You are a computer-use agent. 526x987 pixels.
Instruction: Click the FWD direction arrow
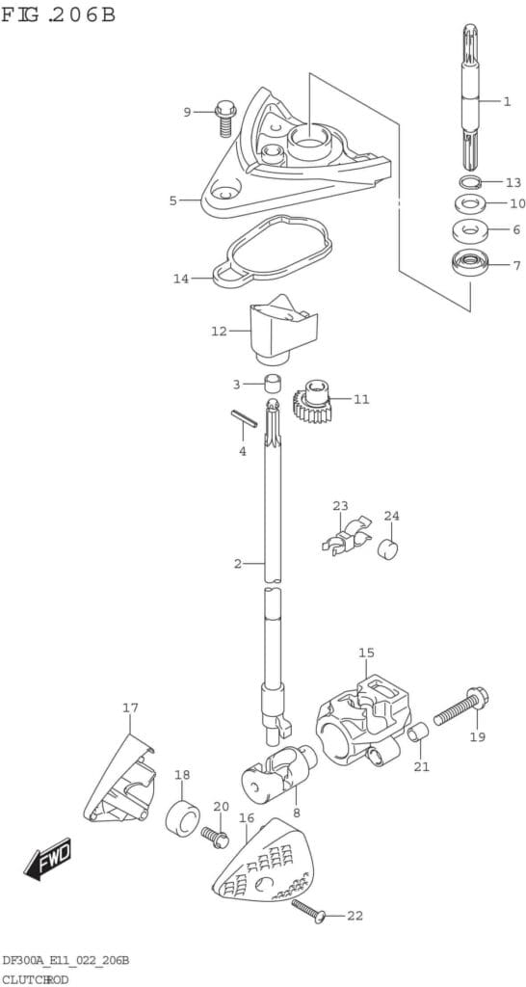48,859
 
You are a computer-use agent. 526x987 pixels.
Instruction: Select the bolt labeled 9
225,118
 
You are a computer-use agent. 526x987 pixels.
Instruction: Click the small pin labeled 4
244,418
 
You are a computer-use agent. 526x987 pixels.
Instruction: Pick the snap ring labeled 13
469,182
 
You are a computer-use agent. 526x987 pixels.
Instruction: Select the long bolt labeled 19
461,707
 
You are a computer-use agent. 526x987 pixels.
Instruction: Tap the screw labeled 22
309,910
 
